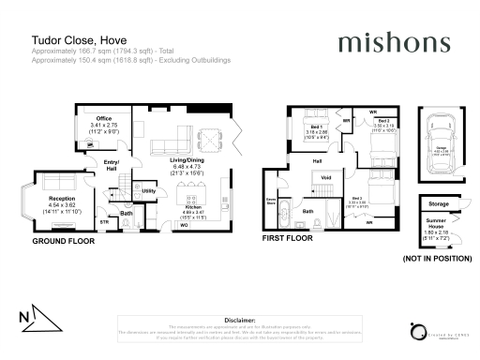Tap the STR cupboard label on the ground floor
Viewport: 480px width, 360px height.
coord(105,221)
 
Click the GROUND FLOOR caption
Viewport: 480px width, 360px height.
coord(66,241)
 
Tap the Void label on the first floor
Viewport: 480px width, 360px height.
coord(326,177)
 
